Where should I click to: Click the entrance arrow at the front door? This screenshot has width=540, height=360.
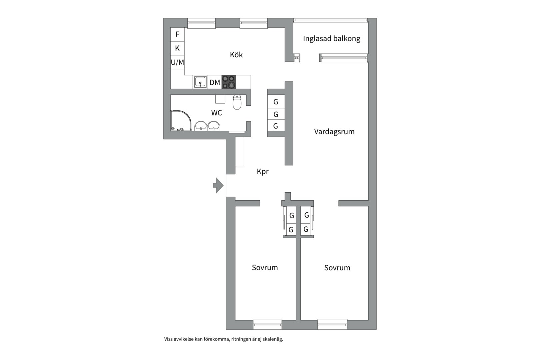(x=218, y=185)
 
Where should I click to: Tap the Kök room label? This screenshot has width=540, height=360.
(x=236, y=55)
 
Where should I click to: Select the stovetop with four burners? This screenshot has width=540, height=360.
(x=229, y=82)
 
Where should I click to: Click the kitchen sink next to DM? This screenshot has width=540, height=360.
(x=200, y=82)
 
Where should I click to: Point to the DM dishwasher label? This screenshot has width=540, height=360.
(x=215, y=82)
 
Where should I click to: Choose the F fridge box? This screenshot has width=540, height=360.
(x=177, y=34)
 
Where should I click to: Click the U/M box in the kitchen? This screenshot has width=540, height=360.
(x=177, y=62)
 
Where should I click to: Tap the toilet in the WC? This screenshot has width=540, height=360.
(x=237, y=102)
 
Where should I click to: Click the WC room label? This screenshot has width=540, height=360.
(x=216, y=113)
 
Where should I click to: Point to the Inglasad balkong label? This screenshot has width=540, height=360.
(x=331, y=39)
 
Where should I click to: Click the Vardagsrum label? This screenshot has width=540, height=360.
(x=334, y=132)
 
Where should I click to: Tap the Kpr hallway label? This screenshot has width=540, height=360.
(x=262, y=172)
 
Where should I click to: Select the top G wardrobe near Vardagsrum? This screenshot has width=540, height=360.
(x=276, y=102)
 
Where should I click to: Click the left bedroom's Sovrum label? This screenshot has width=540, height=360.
(x=265, y=268)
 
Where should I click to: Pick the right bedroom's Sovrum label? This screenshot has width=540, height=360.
(x=337, y=268)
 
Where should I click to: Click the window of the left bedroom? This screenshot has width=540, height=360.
(x=267, y=324)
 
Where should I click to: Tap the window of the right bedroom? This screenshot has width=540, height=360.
(x=332, y=324)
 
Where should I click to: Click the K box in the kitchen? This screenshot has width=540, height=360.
(x=177, y=48)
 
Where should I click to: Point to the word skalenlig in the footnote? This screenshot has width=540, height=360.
(x=272, y=339)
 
